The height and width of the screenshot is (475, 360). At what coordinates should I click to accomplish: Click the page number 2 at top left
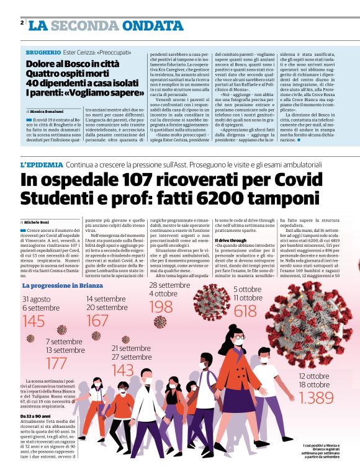(22, 23)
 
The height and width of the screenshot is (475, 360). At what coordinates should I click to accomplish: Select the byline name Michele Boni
(38, 221)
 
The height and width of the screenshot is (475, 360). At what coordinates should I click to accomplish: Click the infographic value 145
(34, 321)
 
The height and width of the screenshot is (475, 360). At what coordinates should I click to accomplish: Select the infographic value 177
(57, 363)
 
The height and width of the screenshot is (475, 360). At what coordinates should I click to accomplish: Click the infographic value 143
(123, 370)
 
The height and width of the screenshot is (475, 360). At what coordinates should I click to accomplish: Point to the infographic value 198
(161, 306)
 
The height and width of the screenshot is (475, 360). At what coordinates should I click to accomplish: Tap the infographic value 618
(245, 311)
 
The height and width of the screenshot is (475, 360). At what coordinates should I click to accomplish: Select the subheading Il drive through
(229, 240)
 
